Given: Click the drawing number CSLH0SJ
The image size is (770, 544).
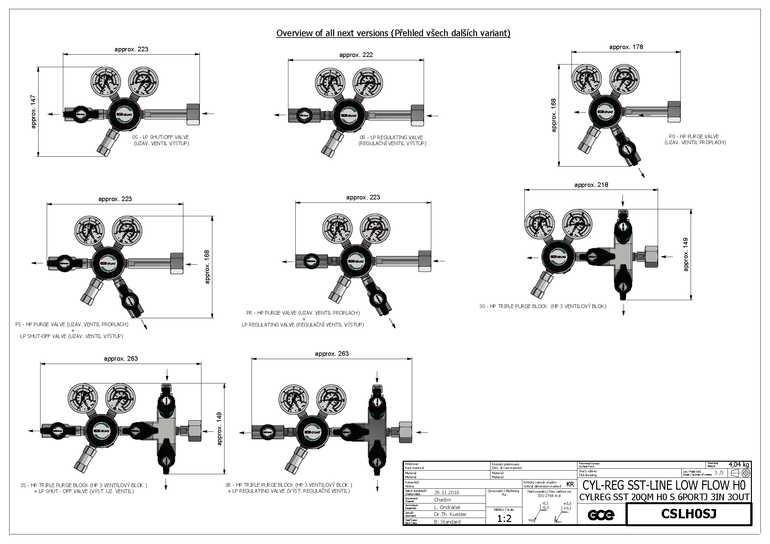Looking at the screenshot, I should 688,513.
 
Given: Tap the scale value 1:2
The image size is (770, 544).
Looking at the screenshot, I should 504,519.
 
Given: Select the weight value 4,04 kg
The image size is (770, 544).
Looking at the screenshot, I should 738,465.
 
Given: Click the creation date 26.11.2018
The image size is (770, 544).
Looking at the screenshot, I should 447,492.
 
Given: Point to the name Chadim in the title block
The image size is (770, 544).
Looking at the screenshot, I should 442,500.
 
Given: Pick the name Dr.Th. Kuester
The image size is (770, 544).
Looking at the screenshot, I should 450,514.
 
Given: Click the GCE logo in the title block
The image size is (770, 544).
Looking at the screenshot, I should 601,515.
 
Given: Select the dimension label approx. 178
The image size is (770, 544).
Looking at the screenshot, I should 626,47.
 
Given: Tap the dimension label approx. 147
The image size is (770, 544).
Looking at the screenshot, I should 33,112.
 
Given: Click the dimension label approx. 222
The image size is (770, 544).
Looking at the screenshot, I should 356,55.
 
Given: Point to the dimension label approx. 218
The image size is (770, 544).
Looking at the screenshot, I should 591,185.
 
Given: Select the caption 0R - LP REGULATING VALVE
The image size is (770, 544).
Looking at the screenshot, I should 391,138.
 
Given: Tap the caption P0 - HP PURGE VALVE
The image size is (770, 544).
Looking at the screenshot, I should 694,137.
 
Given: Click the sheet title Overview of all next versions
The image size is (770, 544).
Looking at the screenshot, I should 393,33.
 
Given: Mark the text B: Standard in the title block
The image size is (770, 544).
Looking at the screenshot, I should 447,522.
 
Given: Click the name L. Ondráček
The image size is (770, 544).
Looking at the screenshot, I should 447,507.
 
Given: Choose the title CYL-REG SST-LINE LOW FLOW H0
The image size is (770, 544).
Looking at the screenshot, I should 664,485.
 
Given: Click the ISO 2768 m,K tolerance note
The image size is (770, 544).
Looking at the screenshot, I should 550,495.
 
